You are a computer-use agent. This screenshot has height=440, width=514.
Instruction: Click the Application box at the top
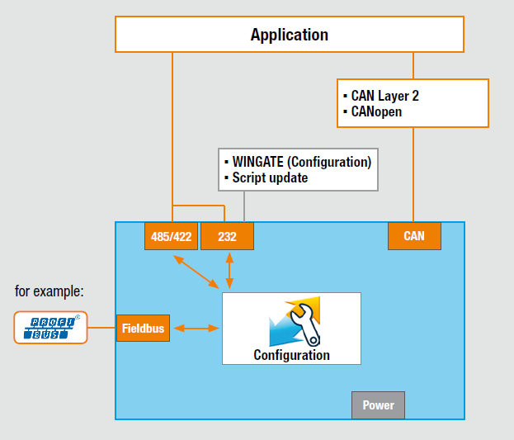289,35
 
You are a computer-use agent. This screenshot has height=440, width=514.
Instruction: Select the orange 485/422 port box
171,236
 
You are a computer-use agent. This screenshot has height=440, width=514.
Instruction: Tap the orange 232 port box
227,236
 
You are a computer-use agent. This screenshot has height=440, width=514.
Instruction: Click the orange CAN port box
414,236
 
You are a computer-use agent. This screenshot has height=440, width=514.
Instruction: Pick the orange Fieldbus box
143,329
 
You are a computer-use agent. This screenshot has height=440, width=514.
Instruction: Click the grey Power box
379,405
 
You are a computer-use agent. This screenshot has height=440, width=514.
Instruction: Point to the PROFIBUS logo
50,328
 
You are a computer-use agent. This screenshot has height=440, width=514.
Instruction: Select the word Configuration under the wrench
291,355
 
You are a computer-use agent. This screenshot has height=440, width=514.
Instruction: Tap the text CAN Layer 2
384,96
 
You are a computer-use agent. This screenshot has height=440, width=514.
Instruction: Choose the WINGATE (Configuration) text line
301,162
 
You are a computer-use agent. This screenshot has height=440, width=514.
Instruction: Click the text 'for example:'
50,291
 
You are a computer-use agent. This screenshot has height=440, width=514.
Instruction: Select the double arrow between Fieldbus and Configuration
196,329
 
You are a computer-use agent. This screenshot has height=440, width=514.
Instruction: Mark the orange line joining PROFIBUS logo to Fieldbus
101,328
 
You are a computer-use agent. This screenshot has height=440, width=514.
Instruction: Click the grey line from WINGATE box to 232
244,206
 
